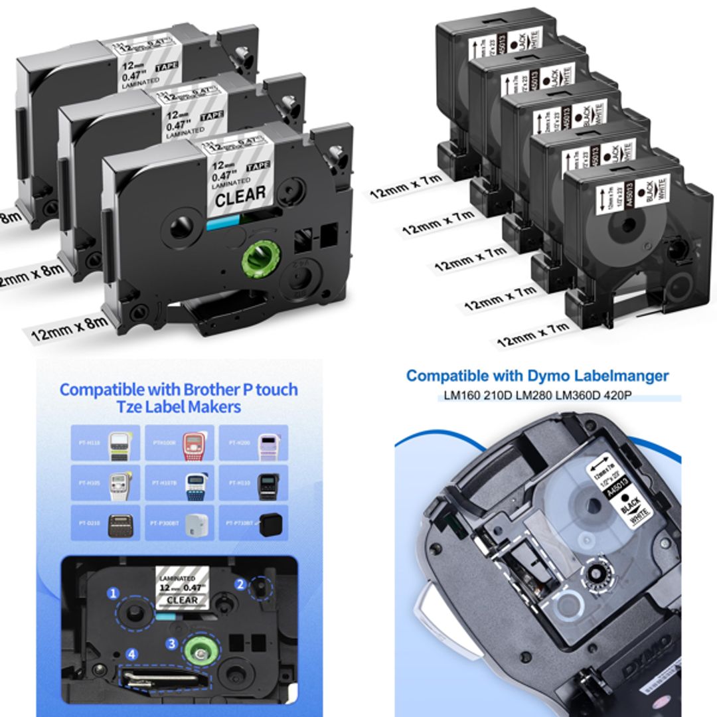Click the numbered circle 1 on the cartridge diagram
(114, 592)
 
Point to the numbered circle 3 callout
(172, 643)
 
